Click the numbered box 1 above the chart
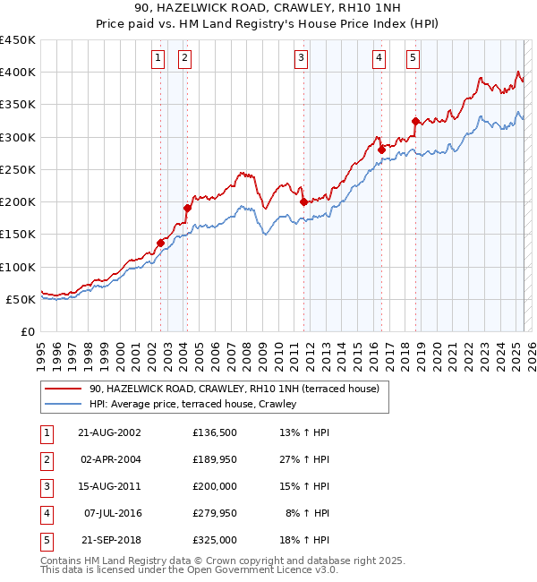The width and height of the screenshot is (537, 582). [x=158, y=58]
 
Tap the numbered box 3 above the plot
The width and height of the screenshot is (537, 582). [x=301, y=58]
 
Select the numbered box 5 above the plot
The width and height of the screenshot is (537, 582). [x=413, y=58]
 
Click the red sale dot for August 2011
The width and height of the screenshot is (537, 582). [x=303, y=201]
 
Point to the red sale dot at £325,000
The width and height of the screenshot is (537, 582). [x=415, y=121]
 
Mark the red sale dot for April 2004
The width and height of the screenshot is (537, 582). [x=187, y=209]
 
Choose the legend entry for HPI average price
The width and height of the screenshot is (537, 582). [x=192, y=405]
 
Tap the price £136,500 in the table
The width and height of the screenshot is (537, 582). [x=215, y=432]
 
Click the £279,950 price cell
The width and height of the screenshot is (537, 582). [x=215, y=513]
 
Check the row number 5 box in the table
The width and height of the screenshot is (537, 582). [x=46, y=540]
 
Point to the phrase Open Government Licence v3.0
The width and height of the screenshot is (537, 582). [x=261, y=569]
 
